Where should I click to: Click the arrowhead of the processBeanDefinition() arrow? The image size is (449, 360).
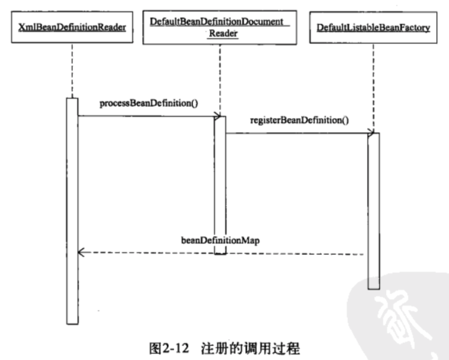point(218,117)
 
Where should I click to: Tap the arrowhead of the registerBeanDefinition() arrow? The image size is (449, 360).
point(371,133)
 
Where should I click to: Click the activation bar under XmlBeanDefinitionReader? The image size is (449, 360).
point(72,211)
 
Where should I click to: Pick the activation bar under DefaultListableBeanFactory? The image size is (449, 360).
point(373,211)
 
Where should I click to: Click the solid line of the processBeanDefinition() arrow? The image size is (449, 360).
point(146,116)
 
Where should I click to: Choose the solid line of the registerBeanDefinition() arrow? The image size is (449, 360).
point(297,133)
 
